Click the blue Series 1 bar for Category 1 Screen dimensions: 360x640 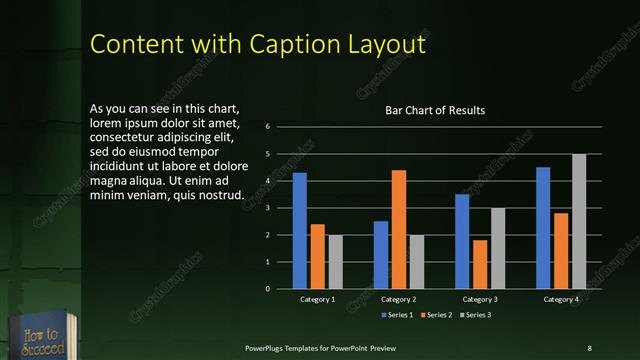[299, 231]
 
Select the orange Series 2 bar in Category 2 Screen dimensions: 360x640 [399, 229]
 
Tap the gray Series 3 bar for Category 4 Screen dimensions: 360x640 [579, 221]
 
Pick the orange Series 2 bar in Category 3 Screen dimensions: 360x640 [480, 264]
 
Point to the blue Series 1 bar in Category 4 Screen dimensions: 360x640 [543, 228]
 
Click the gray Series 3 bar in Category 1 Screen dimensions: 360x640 [335, 262]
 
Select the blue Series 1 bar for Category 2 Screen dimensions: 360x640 [381, 255]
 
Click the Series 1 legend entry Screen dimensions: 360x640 [398, 315]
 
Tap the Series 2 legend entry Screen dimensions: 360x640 [438, 315]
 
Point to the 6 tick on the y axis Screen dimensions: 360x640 [268, 127]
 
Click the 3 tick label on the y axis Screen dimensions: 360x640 [268, 208]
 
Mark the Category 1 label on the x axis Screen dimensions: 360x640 [318, 299]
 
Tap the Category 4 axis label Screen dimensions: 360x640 [561, 299]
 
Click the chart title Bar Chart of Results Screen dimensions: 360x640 [435, 110]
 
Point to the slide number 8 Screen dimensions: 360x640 [589, 347]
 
